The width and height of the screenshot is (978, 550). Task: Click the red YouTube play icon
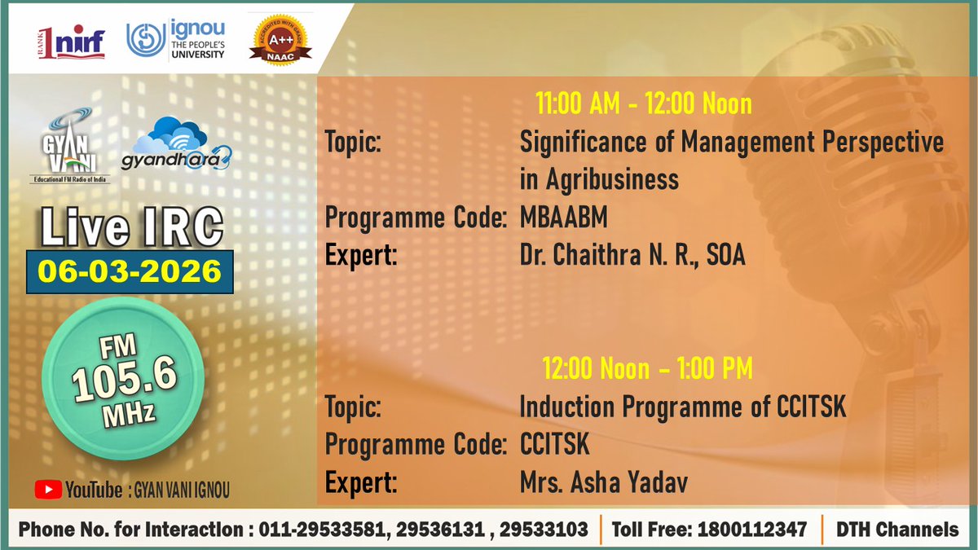coord(48,490)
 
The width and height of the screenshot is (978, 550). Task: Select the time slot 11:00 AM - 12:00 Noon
coord(643,104)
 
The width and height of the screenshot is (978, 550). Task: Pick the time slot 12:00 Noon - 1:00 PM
coord(648,369)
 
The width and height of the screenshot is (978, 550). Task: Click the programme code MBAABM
coord(563,218)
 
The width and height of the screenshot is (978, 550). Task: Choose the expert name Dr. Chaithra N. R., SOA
coord(632,255)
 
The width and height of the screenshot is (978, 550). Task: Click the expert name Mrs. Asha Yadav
coord(603,483)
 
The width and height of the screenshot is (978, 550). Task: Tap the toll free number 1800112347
coord(753,530)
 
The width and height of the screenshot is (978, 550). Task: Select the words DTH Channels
coord(897,530)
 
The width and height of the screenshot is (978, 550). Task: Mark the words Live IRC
coord(131,228)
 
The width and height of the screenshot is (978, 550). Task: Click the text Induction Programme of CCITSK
coord(682,406)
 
